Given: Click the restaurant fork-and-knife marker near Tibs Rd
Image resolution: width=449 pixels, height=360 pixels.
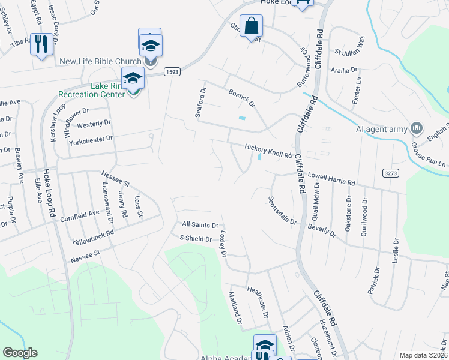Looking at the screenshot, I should click(x=41, y=44).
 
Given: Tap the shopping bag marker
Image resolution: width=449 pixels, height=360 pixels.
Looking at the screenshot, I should click(x=252, y=26).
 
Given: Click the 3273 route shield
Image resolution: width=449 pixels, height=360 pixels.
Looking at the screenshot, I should click(x=390, y=173).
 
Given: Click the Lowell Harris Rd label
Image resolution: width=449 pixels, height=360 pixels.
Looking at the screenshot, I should click(x=331, y=179).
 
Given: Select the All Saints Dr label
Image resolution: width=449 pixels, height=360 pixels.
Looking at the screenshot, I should click(x=200, y=224).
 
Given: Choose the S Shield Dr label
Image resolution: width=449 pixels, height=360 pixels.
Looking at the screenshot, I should click(x=196, y=239).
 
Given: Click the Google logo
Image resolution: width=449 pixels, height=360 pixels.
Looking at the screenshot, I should click(x=20, y=353).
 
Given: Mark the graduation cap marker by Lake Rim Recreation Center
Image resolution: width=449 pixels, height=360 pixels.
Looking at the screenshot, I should click(x=133, y=78).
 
